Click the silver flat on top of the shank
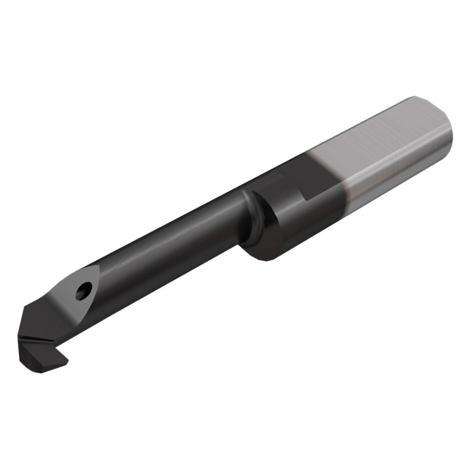coord(380,135)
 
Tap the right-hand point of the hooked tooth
coord(67,362)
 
